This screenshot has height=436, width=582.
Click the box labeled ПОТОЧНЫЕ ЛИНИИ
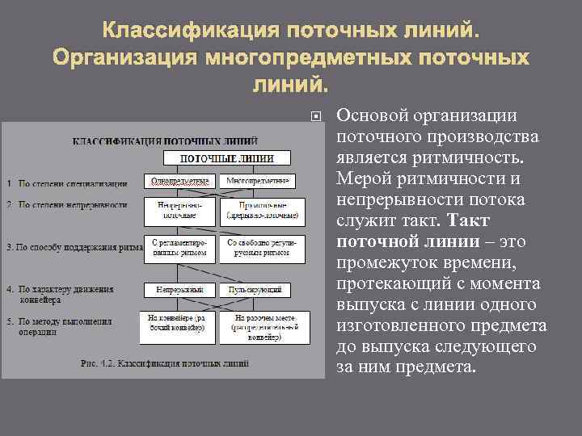(226, 158)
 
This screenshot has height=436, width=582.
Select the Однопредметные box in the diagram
(180, 180)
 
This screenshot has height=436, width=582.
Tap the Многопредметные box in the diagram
(259, 180)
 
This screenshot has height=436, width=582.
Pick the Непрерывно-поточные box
(180, 210)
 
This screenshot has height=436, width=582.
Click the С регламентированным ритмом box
(180, 248)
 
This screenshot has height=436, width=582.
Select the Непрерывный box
(180, 288)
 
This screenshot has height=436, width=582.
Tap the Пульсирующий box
(260, 288)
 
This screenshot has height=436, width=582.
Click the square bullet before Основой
(316, 117)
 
